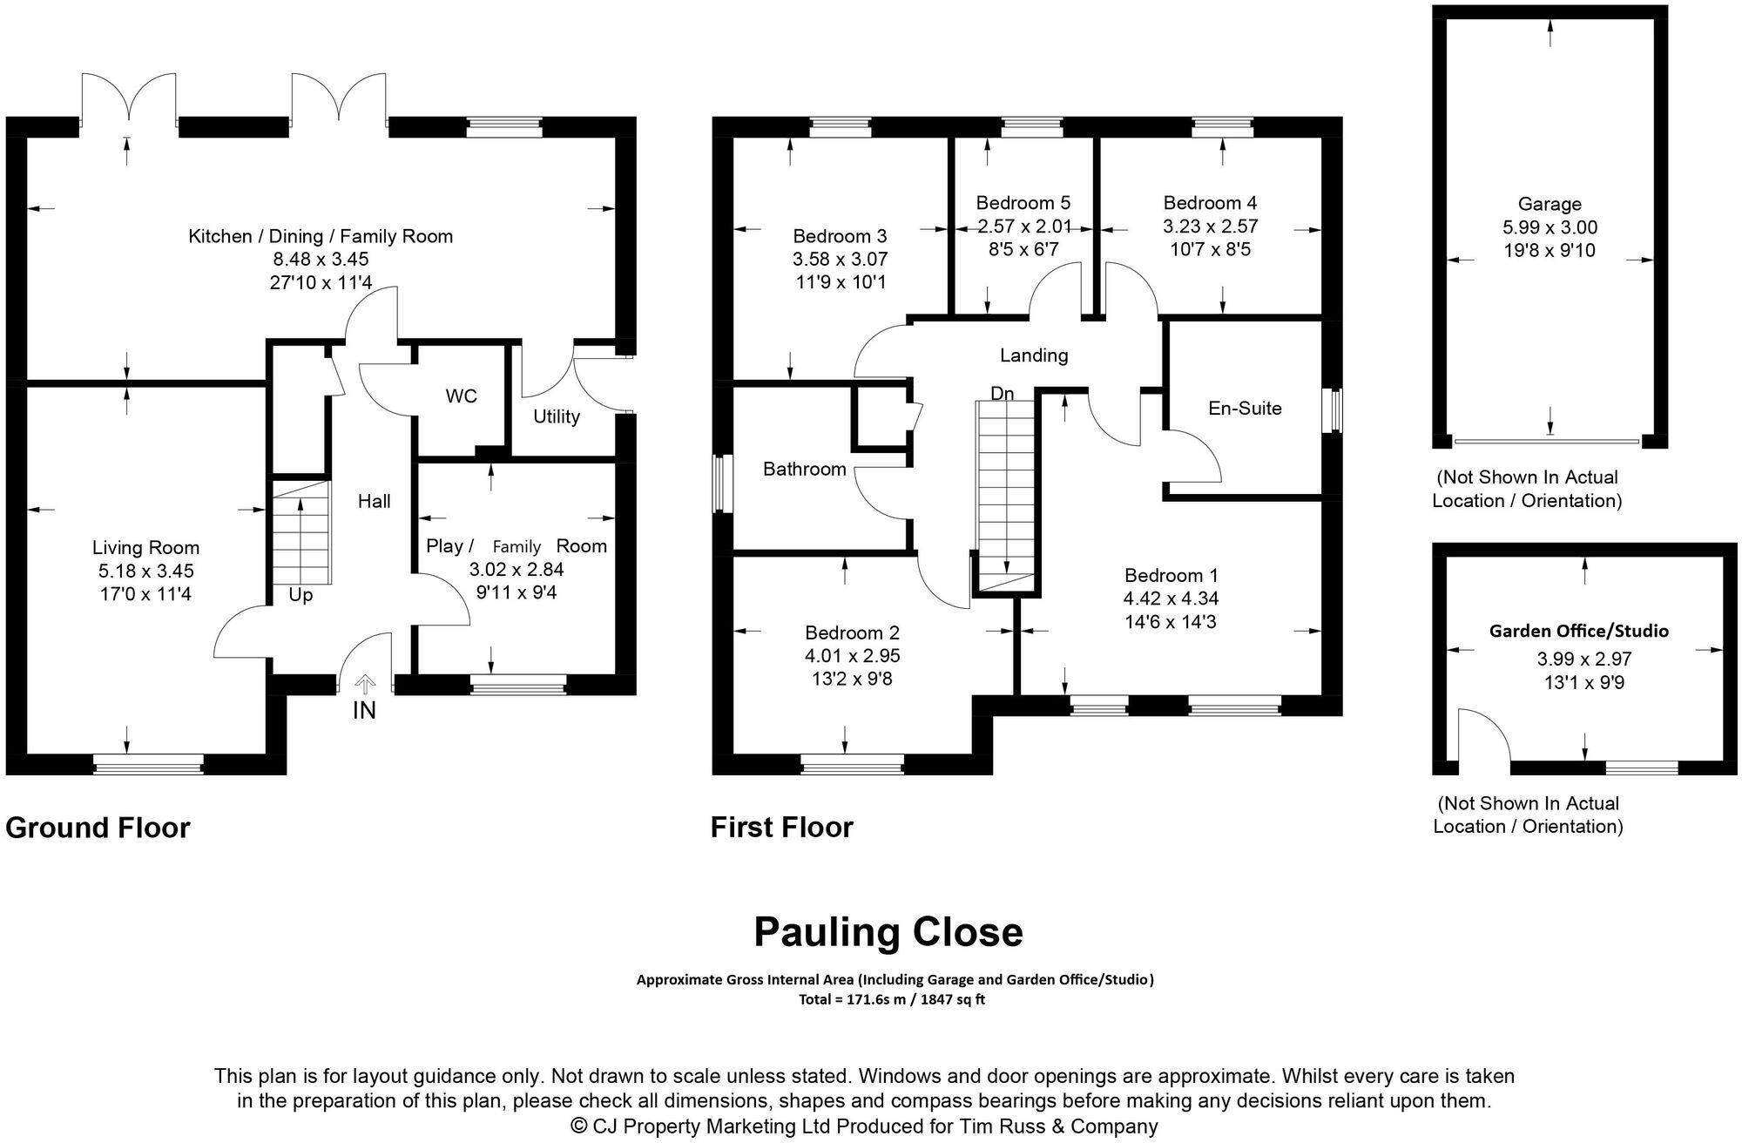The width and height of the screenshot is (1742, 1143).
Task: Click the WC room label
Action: [x=461, y=396]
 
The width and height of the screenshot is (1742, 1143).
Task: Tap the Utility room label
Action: [x=556, y=416]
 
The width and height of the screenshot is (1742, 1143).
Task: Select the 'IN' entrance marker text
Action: [x=364, y=711]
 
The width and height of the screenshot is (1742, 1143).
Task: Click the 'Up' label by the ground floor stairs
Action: [x=300, y=596]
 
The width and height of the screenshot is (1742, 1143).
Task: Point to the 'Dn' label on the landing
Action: [x=1003, y=394]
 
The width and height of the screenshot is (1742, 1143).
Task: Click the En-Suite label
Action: [x=1245, y=408]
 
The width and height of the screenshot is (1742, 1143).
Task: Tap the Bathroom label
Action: [x=804, y=470]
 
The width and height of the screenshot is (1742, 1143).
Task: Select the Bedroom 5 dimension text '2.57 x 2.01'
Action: [x=1023, y=227]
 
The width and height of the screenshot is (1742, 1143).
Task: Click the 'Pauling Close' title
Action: [x=888, y=932]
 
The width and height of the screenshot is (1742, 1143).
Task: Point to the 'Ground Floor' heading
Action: [x=98, y=828]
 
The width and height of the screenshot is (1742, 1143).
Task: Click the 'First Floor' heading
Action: [x=781, y=828]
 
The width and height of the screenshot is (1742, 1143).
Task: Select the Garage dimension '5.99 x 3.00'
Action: [x=1549, y=227]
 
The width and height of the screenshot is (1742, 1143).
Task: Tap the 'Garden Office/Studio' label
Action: [x=1578, y=631]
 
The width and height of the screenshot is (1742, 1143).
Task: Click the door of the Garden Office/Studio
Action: [x=1483, y=735]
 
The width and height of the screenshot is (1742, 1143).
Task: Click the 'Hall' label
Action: [x=374, y=501]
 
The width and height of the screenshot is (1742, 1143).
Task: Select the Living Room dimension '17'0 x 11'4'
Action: [x=145, y=595]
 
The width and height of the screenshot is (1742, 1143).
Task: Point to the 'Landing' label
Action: [x=1033, y=355]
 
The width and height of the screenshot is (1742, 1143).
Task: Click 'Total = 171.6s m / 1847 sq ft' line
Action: [x=891, y=1000]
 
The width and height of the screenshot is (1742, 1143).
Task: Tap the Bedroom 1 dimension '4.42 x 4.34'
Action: [x=1171, y=599]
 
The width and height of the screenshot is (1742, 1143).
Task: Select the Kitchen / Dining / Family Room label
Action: [x=321, y=236]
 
